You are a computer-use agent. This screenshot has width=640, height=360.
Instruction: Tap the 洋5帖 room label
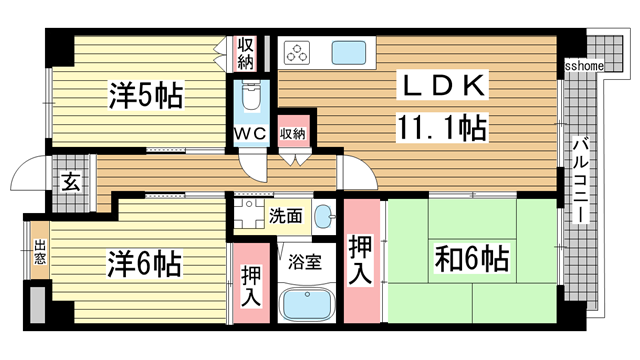[145, 97]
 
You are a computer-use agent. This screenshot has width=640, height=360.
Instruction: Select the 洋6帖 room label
[145, 264]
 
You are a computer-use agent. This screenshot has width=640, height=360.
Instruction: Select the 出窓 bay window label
[39, 251]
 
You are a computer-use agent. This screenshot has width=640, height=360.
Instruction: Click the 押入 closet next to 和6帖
[361, 258]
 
